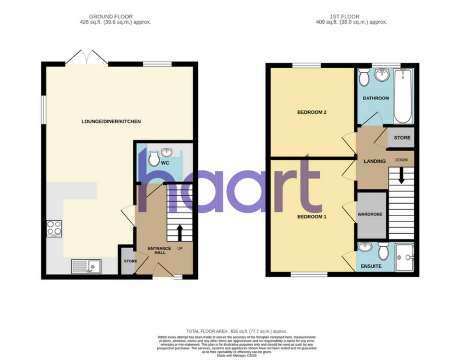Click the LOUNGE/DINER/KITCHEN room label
(x=111, y=122)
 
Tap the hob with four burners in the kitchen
(x=54, y=228)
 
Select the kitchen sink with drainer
(x=86, y=266)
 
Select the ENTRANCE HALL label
(x=159, y=251)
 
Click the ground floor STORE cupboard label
(x=130, y=261)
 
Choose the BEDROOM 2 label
(x=311, y=112)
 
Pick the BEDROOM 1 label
(x=311, y=217)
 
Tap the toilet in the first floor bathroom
(x=364, y=77)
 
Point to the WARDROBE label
(x=370, y=214)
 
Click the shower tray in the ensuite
(x=404, y=257)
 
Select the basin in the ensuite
(x=365, y=247)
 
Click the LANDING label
(x=375, y=161)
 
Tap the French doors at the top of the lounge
(x=86, y=58)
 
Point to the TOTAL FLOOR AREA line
(x=236, y=331)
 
